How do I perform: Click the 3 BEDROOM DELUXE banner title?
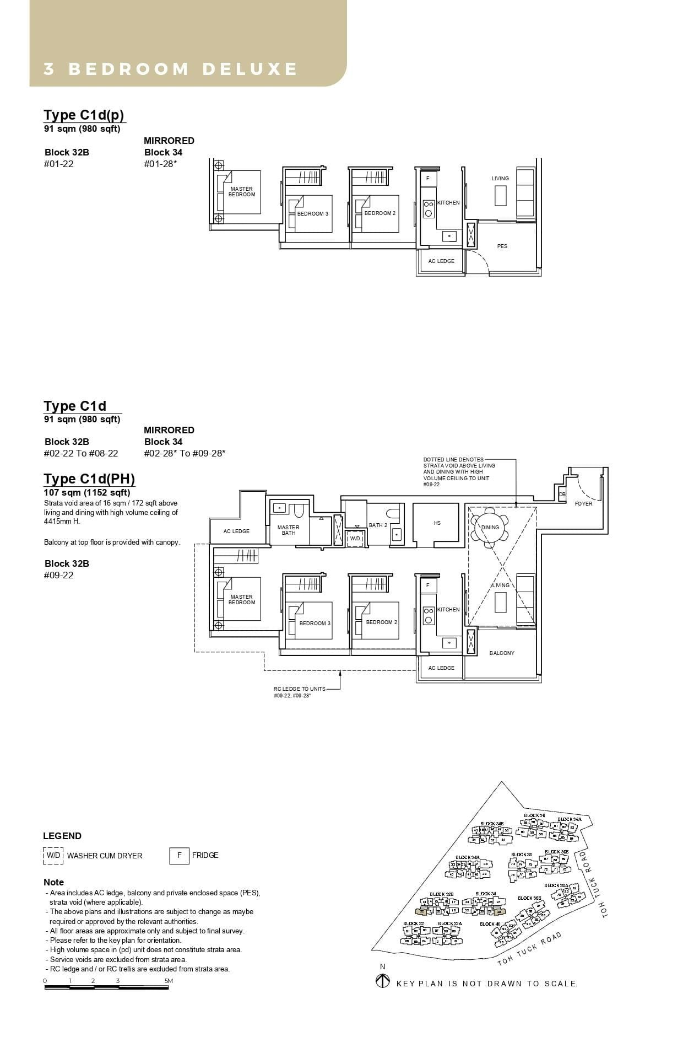(170, 69)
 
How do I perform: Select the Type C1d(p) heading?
(84, 115)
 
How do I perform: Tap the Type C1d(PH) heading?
(89, 479)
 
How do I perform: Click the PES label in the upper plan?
(502, 246)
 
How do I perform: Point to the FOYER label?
(583, 503)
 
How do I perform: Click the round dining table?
(490, 528)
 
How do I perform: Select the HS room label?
(437, 523)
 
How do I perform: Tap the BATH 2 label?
(378, 525)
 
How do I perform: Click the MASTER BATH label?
(288, 530)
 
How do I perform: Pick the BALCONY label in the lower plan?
(502, 653)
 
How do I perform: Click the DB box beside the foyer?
(562, 495)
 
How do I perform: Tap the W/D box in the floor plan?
(355, 538)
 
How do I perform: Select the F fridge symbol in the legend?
(179, 855)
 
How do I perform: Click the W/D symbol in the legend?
(53, 855)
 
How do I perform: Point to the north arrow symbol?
(382, 981)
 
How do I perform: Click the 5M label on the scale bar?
(169, 981)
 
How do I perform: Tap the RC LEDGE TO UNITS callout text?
(299, 689)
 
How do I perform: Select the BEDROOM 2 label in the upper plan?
(380, 213)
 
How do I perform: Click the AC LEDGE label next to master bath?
(236, 531)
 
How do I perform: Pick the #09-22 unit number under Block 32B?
(58, 575)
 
